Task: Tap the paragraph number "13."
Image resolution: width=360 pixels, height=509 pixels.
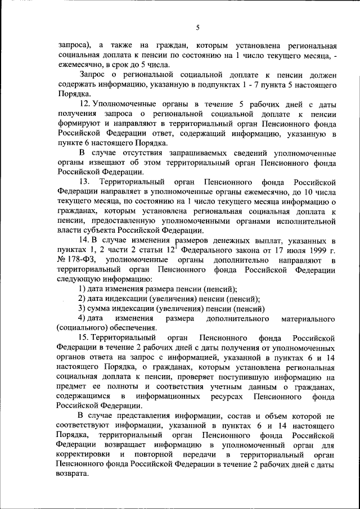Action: click(x=85, y=183)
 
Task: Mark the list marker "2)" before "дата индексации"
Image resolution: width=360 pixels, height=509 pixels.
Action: click(x=82, y=298)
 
